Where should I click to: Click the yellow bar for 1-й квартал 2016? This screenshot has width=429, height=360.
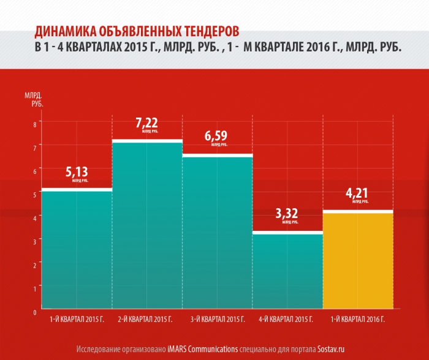358,260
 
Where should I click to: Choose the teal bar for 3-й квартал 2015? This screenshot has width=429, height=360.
218,233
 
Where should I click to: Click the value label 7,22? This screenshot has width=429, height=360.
147,122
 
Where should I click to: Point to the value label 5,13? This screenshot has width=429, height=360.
77,172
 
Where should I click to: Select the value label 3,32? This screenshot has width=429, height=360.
287,214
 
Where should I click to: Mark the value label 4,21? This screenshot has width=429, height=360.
357,193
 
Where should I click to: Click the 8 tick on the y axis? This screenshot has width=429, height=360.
34,124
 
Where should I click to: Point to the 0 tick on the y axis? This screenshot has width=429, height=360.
34,312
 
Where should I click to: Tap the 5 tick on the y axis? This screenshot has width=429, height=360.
34,193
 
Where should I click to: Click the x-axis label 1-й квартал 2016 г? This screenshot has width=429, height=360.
358,320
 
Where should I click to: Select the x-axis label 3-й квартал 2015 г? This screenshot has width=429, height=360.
218,320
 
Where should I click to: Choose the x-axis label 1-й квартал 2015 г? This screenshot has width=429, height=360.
77,320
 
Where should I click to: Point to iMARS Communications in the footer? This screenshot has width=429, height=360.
202,350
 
